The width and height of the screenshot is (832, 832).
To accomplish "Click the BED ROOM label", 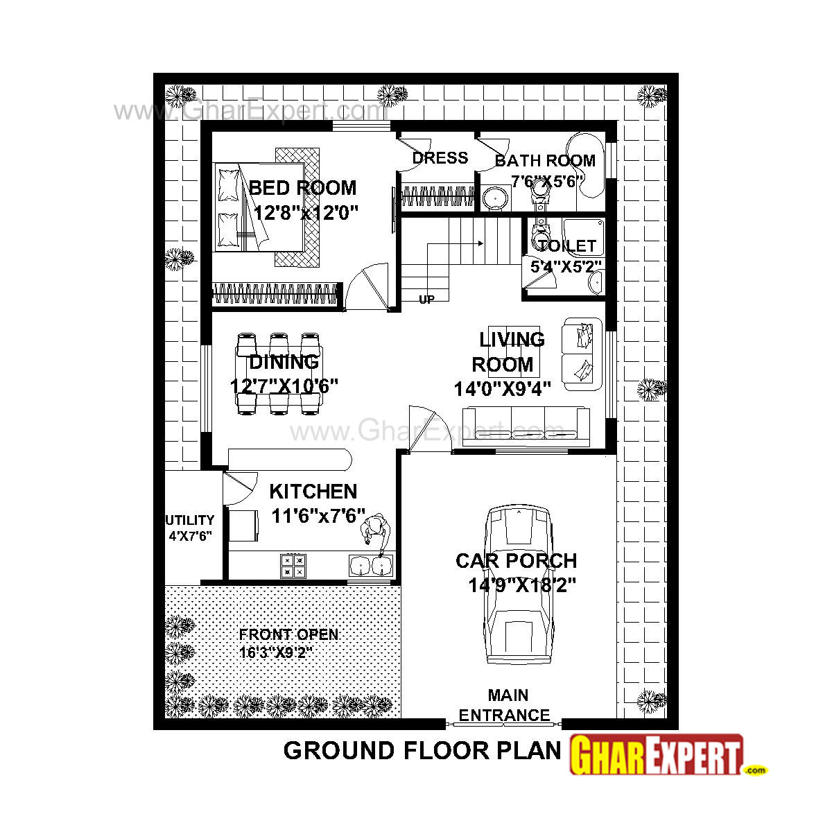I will (302, 188).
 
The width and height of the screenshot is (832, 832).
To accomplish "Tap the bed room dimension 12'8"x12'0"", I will (305, 212).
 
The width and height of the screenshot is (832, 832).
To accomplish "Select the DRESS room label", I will (440, 158).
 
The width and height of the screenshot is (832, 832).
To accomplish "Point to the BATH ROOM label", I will (545, 161).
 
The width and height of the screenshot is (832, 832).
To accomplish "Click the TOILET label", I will (566, 246).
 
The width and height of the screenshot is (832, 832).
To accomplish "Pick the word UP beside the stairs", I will (426, 300).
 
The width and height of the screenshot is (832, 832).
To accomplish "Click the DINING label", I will (284, 362).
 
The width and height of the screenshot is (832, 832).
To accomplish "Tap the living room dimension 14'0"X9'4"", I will (503, 389).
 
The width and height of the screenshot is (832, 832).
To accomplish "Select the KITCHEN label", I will (313, 492).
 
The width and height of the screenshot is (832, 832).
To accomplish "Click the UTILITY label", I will (189, 520).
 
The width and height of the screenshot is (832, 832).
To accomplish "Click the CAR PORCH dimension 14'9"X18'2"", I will (522, 586).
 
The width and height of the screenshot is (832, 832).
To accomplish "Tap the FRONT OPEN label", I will (288, 634).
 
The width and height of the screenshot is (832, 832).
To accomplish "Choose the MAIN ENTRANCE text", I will (505, 705).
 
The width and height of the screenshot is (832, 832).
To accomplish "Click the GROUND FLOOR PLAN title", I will (422, 751).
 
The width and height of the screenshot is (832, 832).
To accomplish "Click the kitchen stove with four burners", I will (293, 565).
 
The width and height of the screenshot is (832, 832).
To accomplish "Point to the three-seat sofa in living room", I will (526, 425).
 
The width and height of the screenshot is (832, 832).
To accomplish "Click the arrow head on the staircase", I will (479, 243).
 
